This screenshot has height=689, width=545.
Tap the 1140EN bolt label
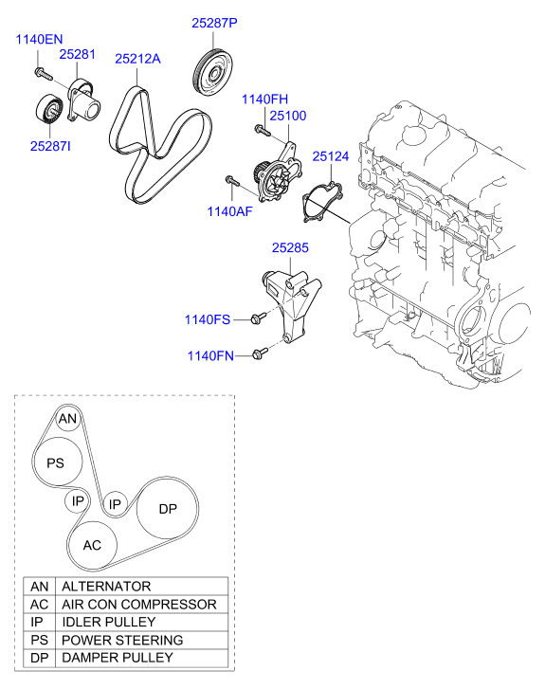[x=37, y=39]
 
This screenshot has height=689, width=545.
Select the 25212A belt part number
[x=137, y=58]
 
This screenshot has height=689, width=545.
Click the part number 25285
[x=291, y=248]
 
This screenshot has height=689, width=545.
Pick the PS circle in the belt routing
[x=55, y=462]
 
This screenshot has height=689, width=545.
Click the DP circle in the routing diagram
[x=168, y=509]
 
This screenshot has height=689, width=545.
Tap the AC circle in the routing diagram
[x=92, y=545]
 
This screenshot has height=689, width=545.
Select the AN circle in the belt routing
[x=66, y=419]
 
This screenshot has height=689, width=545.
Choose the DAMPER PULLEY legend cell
[x=118, y=657]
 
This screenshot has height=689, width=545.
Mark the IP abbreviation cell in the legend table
[x=40, y=622]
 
